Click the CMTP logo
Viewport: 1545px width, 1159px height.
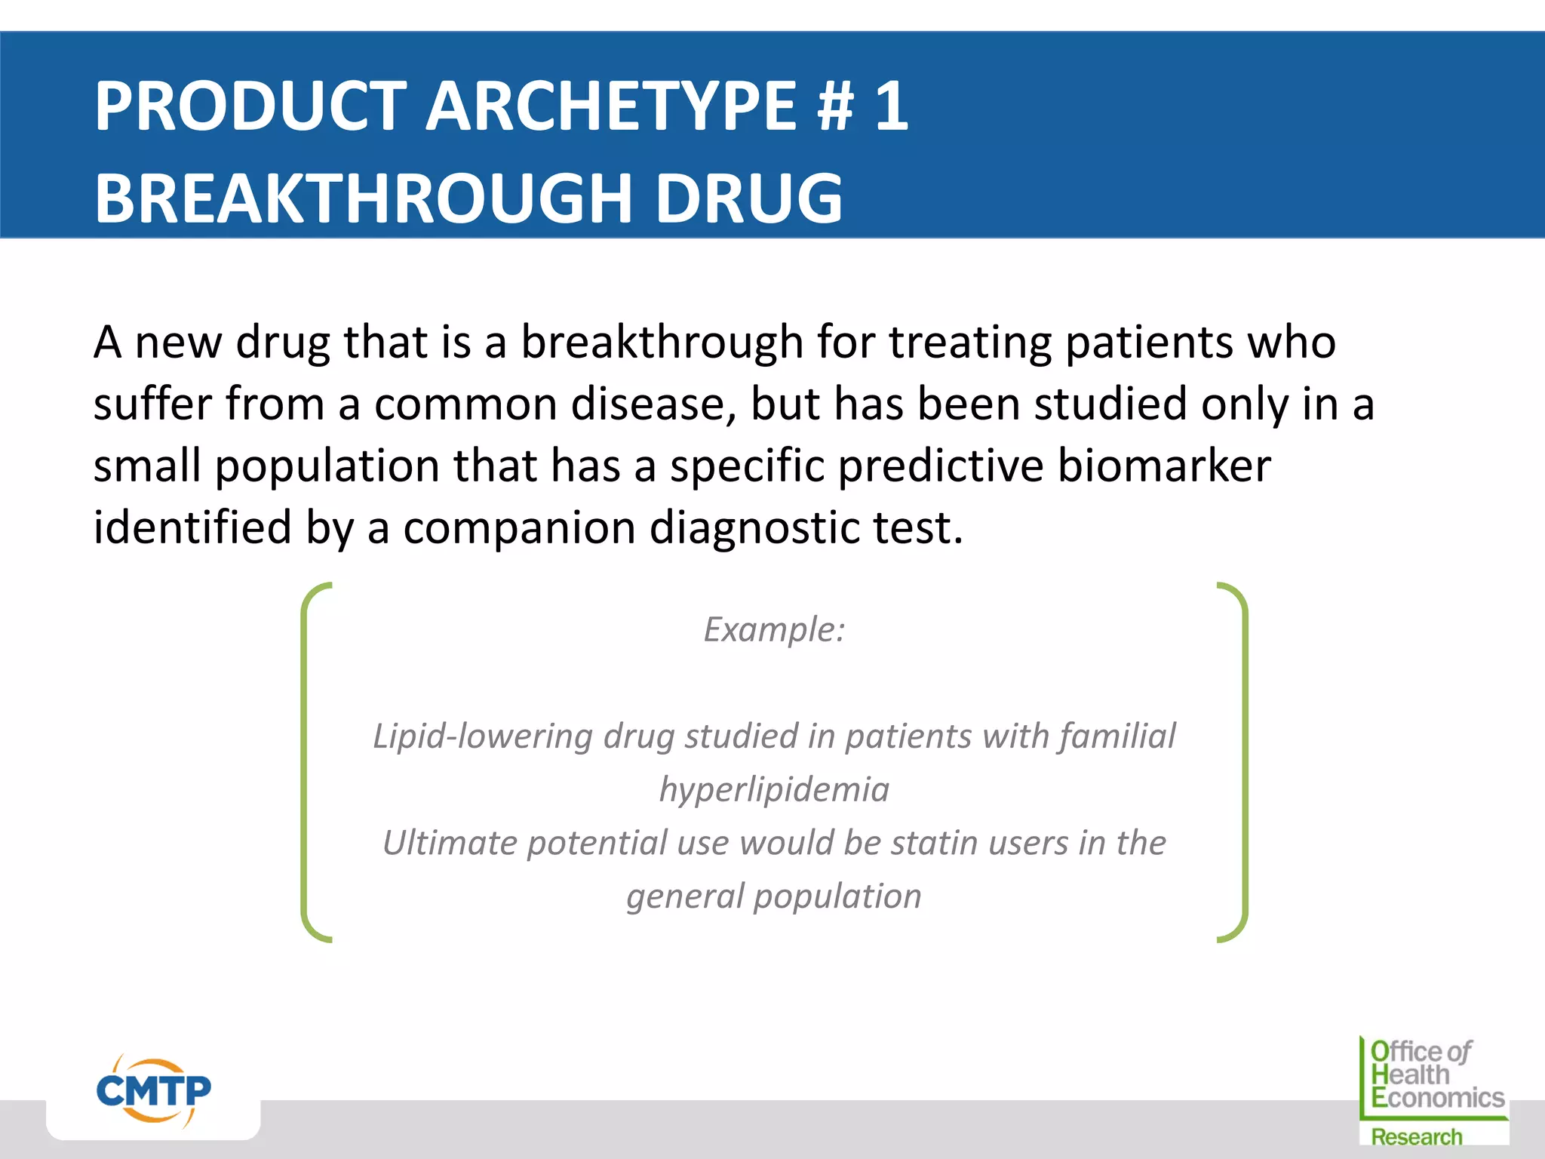coord(153,1091)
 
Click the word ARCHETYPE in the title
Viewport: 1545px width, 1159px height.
coord(611,107)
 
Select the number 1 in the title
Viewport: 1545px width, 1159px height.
coord(892,107)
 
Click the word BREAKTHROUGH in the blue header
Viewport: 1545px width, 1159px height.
coord(362,198)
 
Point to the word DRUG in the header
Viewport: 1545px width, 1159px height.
coord(748,198)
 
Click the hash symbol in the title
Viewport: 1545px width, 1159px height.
coord(835,107)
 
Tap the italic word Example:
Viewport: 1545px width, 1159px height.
coord(774,629)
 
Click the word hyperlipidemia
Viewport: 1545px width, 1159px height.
coord(774,790)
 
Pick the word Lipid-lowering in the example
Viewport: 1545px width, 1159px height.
coord(483,736)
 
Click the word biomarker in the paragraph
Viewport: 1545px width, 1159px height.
coord(1163,466)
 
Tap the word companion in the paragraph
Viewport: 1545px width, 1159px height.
coord(519,527)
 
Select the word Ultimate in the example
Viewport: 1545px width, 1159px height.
coord(450,843)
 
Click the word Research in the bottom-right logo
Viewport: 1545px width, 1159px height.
coord(1416,1137)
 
